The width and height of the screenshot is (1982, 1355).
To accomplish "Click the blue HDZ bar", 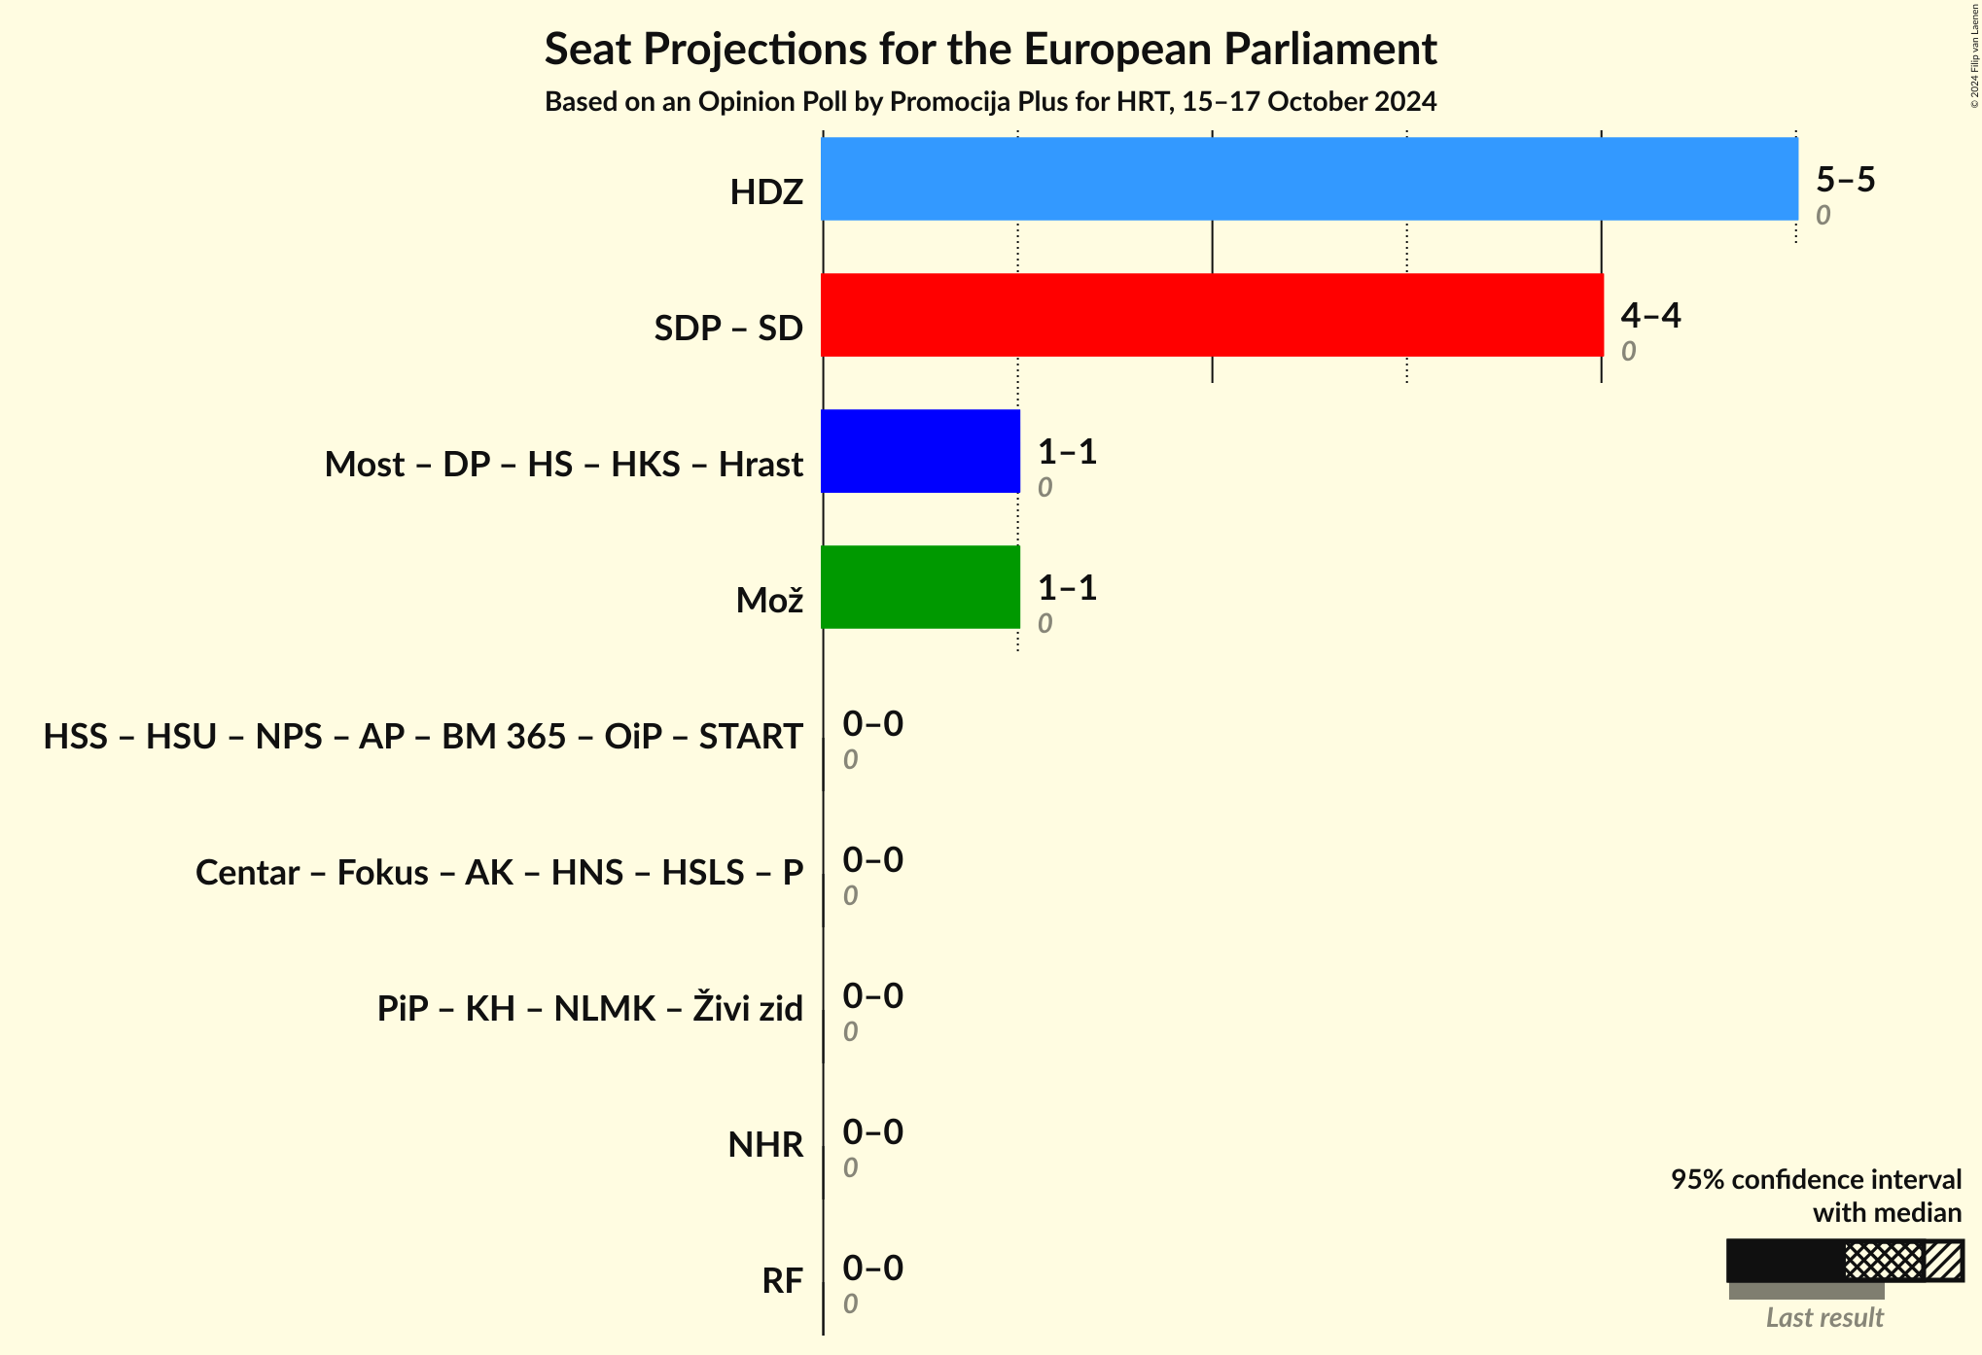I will click(1309, 179).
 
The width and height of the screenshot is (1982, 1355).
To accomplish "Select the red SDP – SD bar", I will click(1212, 315).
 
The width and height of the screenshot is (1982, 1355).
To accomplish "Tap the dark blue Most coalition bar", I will click(920, 451).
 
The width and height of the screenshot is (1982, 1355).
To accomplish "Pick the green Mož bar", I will click(920, 587).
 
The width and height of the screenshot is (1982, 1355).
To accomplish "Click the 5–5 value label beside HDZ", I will click(1845, 180).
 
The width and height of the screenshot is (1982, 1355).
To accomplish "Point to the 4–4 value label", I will click(1650, 316).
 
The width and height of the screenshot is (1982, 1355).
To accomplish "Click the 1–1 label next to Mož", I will click(1067, 588).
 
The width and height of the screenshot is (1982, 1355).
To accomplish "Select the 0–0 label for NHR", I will click(872, 1132).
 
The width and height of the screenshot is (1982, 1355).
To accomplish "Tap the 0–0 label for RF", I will click(872, 1268).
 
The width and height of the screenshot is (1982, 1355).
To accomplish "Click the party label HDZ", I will click(766, 192).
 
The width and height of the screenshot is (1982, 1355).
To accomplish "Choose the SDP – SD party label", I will click(728, 329).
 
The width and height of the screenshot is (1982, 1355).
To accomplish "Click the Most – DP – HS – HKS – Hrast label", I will click(563, 465).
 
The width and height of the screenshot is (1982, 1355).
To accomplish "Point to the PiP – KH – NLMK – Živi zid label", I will click(589, 1009).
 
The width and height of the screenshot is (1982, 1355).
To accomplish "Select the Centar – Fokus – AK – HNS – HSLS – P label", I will click(499, 873).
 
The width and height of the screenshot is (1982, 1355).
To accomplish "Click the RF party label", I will click(782, 1281).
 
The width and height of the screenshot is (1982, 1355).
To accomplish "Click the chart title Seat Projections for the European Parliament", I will click(990, 50).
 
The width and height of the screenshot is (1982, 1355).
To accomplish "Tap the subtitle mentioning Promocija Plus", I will click(990, 102).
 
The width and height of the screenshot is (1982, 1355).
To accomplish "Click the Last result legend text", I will click(1824, 1318).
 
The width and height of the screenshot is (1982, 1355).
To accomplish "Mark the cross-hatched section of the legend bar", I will click(1884, 1262).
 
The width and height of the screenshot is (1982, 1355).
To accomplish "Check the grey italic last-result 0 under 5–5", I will click(1823, 216).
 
